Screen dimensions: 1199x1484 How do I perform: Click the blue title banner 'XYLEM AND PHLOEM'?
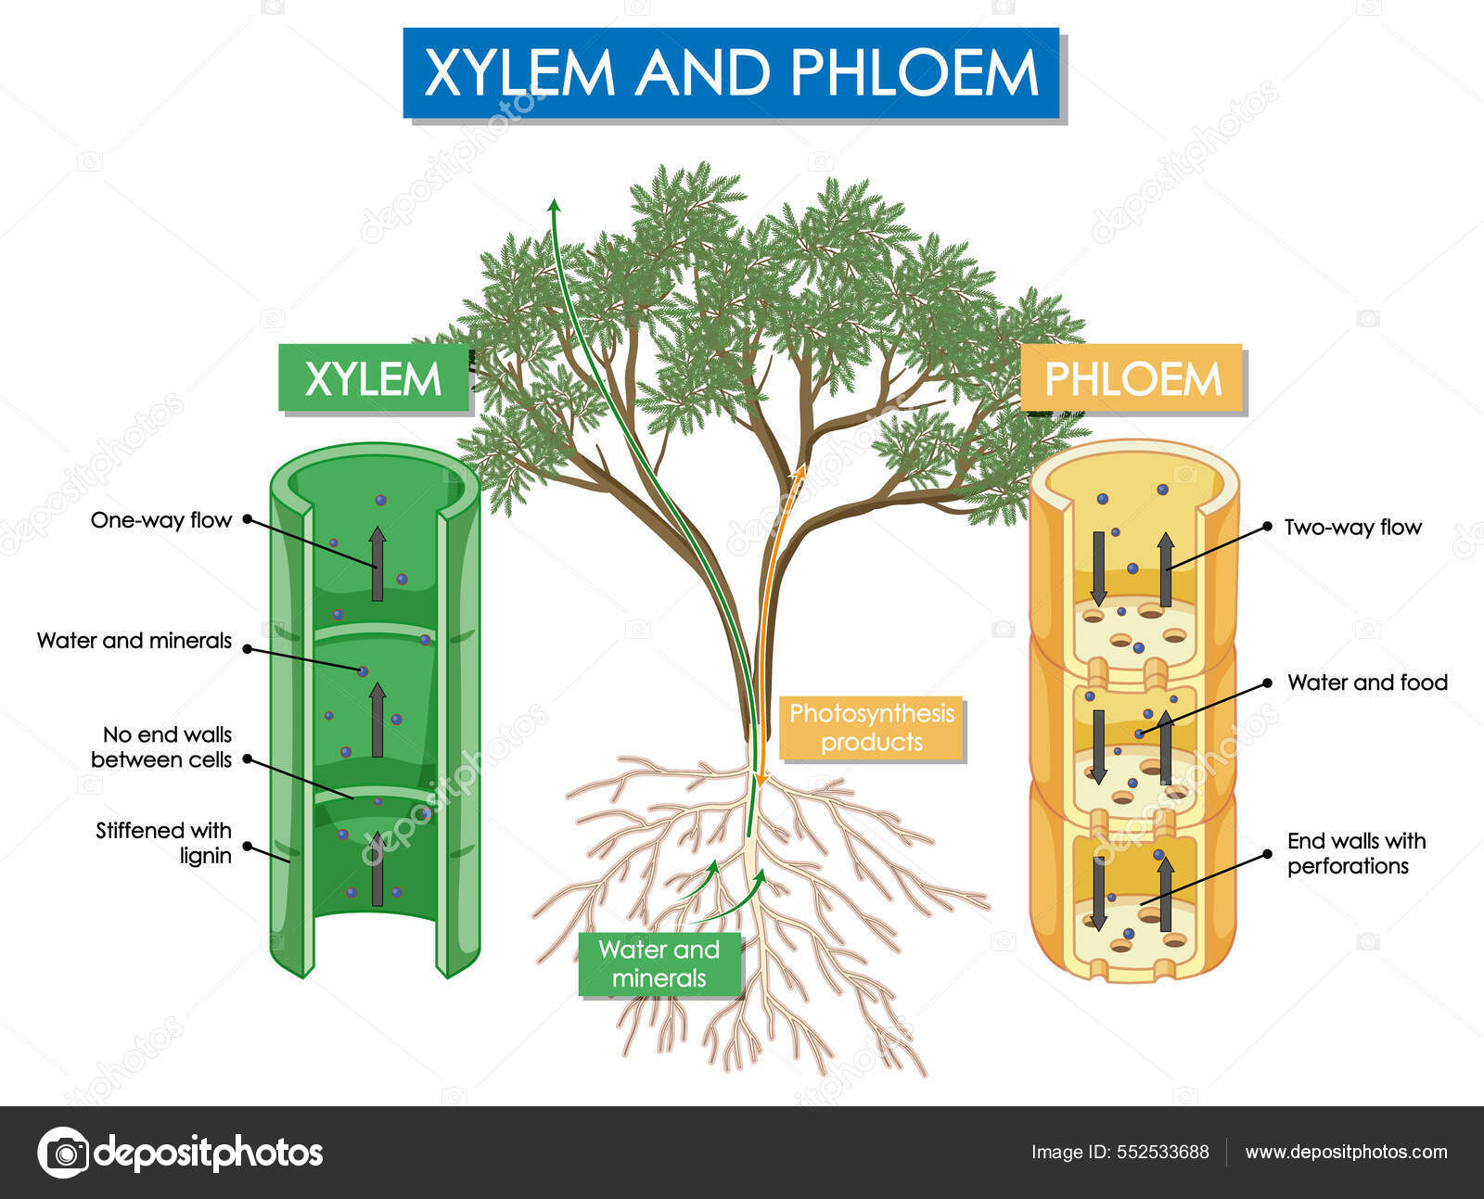coord(731,72)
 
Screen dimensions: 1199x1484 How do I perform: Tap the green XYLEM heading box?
coord(374,378)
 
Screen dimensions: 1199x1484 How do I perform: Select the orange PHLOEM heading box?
coord(1132,378)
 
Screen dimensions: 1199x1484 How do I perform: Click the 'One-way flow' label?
coord(160,520)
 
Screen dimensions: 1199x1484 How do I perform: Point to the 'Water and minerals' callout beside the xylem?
coord(134,641)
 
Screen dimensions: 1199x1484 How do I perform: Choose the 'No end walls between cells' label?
coord(161,747)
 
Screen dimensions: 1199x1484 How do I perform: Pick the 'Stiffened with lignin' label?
coord(163,842)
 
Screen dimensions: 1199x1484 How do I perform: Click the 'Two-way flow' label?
coord(1352,528)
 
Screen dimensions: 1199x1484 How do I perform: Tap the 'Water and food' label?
coord(1367,682)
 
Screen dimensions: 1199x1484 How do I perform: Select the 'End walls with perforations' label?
coord(1356,853)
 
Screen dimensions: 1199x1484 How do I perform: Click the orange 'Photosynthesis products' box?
coord(872,728)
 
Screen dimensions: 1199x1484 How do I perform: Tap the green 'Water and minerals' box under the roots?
coord(659,963)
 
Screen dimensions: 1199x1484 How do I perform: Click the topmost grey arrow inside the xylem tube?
coord(377,563)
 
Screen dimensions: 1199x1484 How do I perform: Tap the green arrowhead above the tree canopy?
coord(554,205)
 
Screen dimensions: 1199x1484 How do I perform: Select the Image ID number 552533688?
coord(1163,1152)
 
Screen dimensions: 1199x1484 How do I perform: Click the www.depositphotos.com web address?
coord(1346,1152)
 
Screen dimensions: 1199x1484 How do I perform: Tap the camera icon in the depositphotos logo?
coord(65,1153)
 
